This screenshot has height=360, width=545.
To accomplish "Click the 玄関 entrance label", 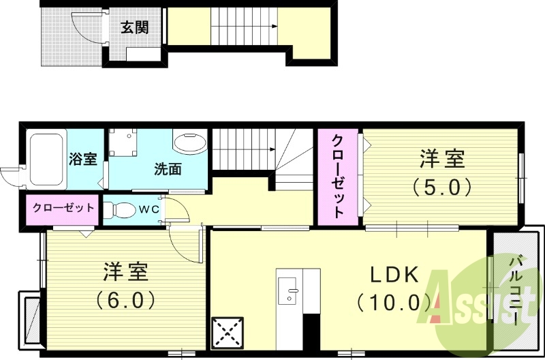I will point(134,28).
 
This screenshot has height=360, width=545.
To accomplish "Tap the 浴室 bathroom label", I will point(83,159).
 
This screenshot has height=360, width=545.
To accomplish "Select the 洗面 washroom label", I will point(167,168).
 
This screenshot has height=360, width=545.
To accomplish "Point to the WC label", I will point(149,209).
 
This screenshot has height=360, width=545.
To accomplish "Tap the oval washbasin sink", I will point(189,143).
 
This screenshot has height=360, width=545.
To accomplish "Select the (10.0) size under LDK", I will point(393,301).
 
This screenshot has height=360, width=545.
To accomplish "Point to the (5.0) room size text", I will point(441,185).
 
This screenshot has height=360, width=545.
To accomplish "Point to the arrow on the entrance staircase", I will point(275,27).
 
